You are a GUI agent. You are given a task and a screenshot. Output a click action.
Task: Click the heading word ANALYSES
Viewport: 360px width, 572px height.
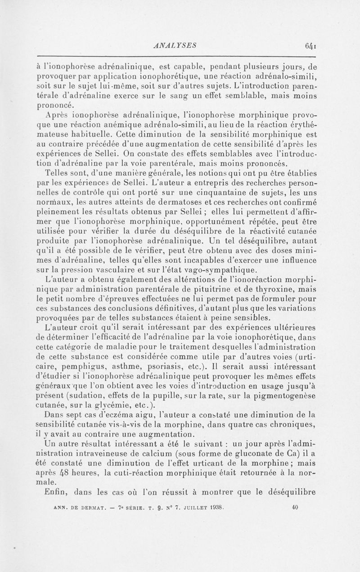[171, 45]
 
